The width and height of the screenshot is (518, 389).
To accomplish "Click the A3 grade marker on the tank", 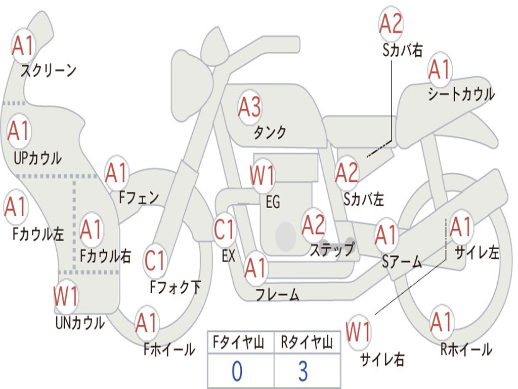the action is point(249,107).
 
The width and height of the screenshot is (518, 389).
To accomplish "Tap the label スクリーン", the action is point(48,70).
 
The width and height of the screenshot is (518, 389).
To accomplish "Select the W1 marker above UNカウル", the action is point(66,296).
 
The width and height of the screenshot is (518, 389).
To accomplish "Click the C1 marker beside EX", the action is point(224,229).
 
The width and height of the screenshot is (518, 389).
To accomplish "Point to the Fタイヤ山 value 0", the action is point(237,371).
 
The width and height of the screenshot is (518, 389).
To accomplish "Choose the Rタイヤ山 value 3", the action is point(304,371).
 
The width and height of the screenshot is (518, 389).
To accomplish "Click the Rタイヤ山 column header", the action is point(307,342).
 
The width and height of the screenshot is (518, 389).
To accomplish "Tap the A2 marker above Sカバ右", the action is point(391,24).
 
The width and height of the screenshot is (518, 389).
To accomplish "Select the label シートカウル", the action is point(461,94).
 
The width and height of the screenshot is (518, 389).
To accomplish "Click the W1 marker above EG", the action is point(263,175).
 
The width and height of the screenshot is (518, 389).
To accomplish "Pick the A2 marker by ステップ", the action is point(314,225).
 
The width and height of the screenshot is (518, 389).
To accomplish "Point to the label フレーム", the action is point(278,294).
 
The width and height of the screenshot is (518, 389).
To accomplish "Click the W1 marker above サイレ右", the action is point(359,332).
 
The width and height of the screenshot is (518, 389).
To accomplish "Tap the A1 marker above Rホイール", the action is point(441,322).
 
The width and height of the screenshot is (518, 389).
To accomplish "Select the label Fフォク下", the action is point(175,287).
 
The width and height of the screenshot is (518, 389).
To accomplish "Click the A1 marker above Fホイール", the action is point(147,323).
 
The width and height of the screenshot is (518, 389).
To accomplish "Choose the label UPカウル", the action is point(37,158).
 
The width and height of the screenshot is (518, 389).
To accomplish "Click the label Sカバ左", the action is point(363,199).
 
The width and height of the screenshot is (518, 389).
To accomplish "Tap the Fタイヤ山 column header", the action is point(239,342).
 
